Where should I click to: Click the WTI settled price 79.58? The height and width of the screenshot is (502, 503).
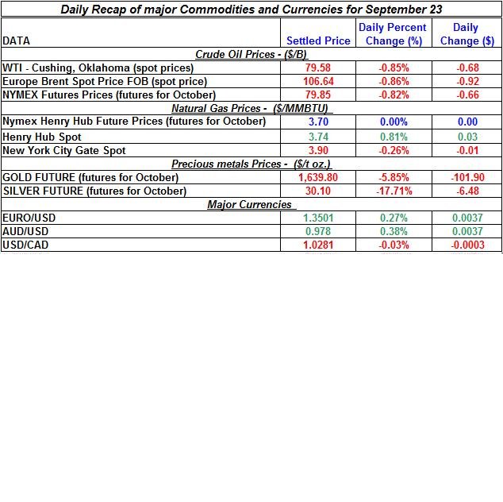pyautogui.click(x=318, y=68)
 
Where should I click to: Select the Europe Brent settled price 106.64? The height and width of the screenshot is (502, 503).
pyautogui.click(x=318, y=81)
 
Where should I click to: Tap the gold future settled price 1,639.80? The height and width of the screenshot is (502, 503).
pyautogui.click(x=318, y=177)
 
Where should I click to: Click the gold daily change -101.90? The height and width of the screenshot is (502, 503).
pyautogui.click(x=467, y=177)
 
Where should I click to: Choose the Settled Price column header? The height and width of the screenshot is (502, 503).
pyautogui.click(x=318, y=41)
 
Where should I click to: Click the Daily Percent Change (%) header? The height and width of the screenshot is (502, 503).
pyautogui.click(x=393, y=33)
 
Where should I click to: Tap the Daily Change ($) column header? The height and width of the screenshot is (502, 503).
pyautogui.click(x=467, y=33)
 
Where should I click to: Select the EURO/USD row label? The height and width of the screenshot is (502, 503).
pyautogui.click(x=29, y=218)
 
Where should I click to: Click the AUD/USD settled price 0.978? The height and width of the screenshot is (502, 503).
pyautogui.click(x=318, y=231)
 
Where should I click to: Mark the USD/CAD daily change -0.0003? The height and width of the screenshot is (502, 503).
pyautogui.click(x=467, y=245)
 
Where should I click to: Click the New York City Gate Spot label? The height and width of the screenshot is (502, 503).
pyautogui.click(x=64, y=150)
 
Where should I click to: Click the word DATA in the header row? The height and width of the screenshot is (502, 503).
pyautogui.click(x=17, y=41)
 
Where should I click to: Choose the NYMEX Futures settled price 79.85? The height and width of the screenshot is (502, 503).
pyautogui.click(x=318, y=95)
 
